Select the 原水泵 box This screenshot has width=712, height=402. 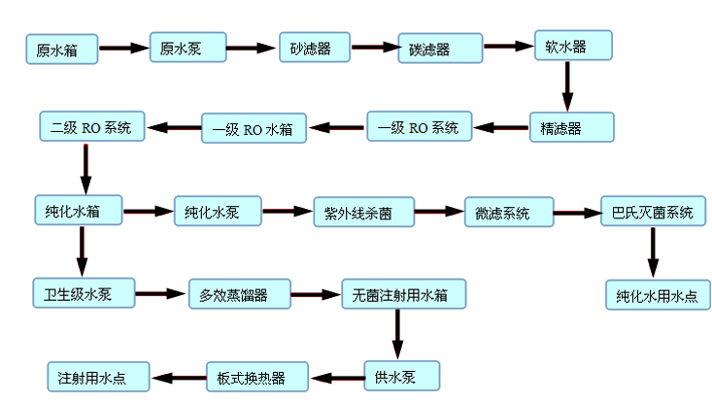point(187,48)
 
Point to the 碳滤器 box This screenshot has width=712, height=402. point(440,49)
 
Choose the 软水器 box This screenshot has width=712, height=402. point(574,45)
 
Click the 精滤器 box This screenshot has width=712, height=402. point(571,127)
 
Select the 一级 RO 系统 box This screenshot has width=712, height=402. point(419,127)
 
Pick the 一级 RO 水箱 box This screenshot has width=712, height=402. point(254,128)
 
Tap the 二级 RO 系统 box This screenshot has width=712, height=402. point(90,126)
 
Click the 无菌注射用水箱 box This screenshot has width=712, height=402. point(402,293)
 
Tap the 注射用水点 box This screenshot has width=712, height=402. point(97,376)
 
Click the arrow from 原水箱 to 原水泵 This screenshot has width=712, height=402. point(123,48)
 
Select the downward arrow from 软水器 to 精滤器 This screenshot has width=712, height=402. point(569,86)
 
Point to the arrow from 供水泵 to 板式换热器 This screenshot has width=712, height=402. point(336,377)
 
